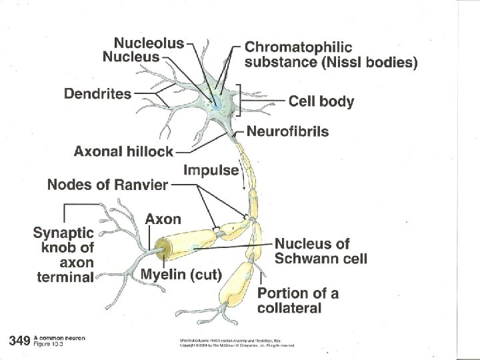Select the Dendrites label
[x=97, y=93]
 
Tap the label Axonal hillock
[x=123, y=151]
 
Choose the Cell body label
[x=321, y=101]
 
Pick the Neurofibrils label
[x=288, y=131]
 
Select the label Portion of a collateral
[x=297, y=300]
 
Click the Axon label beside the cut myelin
[x=163, y=218]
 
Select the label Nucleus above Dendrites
[x=131, y=57]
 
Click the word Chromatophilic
[x=299, y=47]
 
